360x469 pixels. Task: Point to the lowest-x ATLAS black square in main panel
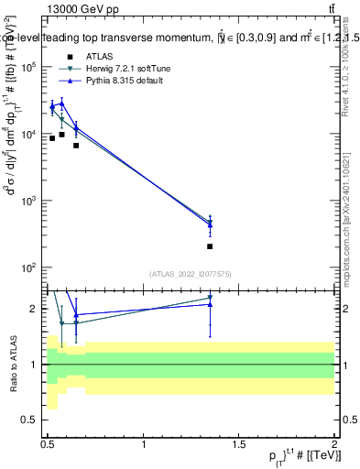(x=52, y=138)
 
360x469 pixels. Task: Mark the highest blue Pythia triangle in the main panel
(x=61, y=103)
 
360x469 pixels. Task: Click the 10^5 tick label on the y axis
(x=28, y=67)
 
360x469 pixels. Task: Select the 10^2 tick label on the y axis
(x=28, y=267)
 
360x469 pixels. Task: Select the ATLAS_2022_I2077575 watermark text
(x=191, y=274)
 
